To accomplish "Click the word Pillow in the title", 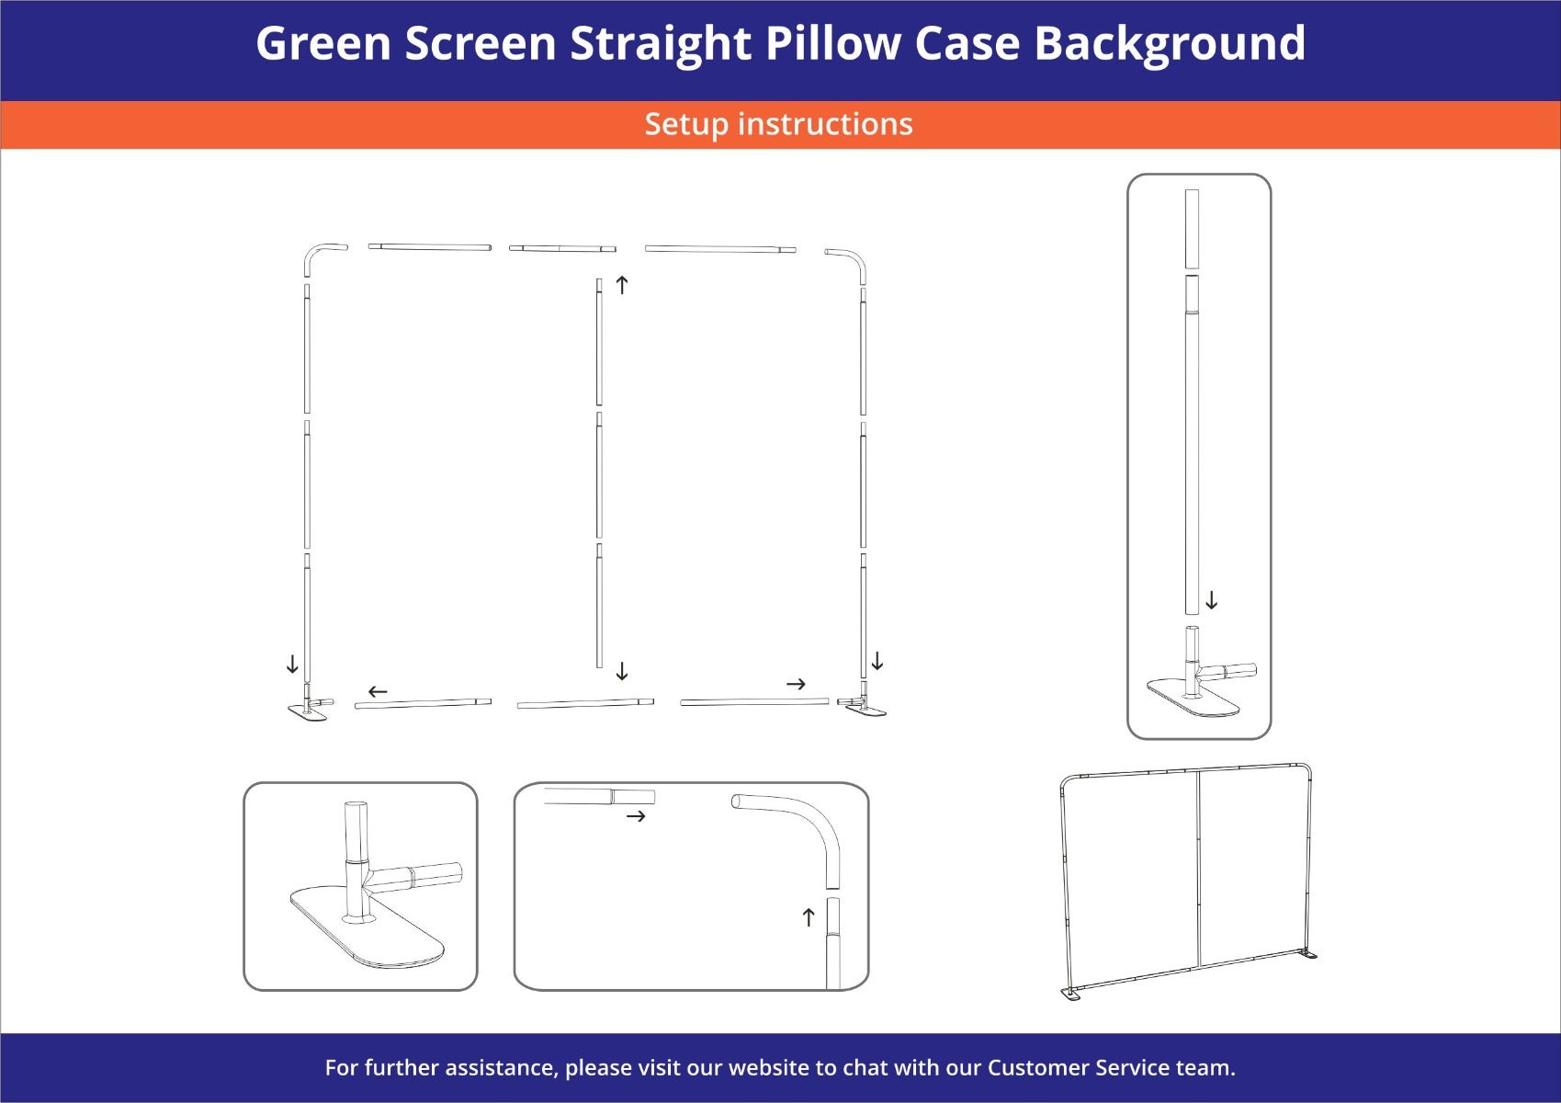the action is [x=832, y=43].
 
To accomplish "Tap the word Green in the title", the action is [x=323, y=43].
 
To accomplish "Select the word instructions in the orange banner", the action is [x=825, y=124].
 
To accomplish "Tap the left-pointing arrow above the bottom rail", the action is [x=378, y=691].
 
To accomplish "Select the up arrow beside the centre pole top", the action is [x=622, y=284].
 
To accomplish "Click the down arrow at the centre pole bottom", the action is [x=622, y=671].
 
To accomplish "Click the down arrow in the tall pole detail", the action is [x=1212, y=600].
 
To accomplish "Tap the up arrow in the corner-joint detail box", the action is [x=809, y=917].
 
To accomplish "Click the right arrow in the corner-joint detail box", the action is [x=636, y=815].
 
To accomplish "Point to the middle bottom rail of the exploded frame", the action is [x=585, y=703].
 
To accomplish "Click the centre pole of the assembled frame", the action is [x=1199, y=868].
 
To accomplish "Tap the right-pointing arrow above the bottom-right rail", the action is [x=796, y=684].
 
